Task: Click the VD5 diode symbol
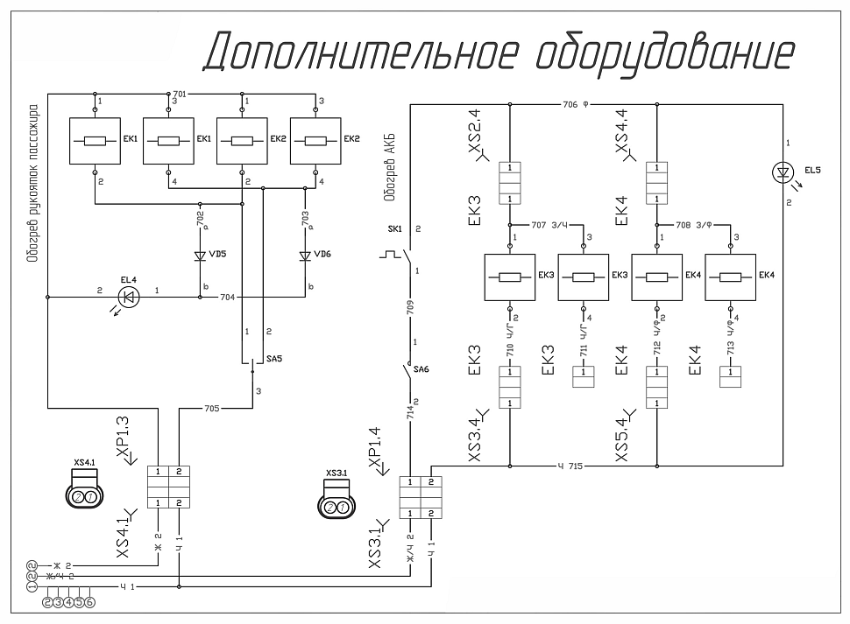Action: tap(201, 256)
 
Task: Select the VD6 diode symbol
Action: tap(306, 256)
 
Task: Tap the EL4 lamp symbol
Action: tap(128, 298)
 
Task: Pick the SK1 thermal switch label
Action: tap(393, 228)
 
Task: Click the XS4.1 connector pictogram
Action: tap(85, 489)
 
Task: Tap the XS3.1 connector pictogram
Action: tap(336, 501)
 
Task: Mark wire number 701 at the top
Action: tap(180, 92)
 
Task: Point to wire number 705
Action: tap(211, 407)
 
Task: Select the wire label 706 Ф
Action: tap(575, 104)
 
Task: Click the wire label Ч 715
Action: tap(570, 465)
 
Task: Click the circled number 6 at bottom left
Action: tap(89, 601)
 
